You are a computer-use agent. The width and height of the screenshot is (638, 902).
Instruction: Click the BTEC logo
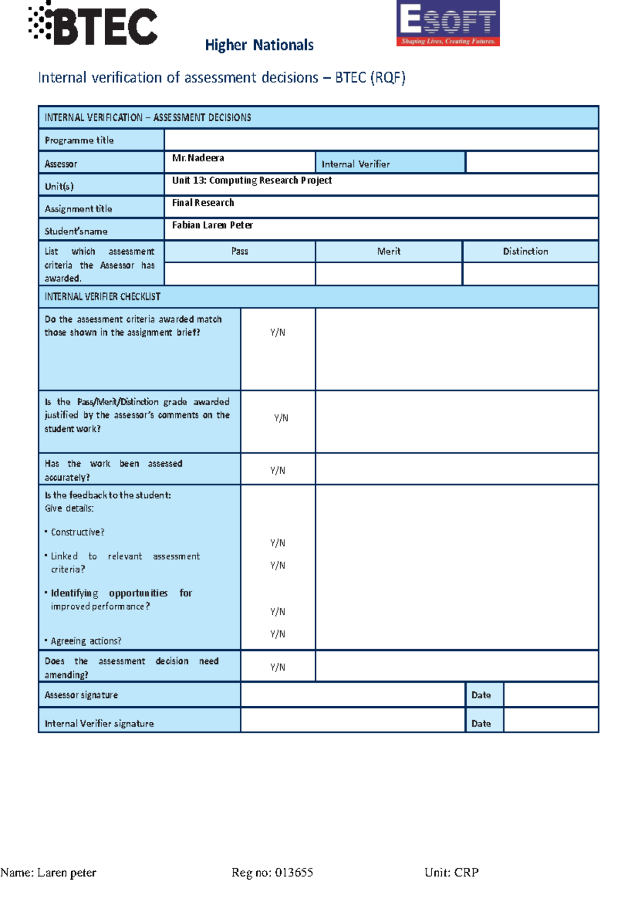94,24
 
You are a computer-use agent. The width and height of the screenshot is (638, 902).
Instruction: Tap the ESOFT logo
448,23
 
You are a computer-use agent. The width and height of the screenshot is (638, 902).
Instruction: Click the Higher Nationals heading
259,45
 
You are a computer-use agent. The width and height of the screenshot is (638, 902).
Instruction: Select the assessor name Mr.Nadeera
198,158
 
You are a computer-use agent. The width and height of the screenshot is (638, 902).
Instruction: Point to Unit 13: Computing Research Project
251,180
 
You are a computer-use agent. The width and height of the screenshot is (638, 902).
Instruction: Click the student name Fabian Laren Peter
212,225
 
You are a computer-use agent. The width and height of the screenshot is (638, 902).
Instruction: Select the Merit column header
389,251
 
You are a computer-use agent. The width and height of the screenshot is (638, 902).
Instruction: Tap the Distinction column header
525,251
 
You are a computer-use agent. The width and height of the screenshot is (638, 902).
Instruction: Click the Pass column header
240,251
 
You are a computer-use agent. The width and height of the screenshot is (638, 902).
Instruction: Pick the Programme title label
79,140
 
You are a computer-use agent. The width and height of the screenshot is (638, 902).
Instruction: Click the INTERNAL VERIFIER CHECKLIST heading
103,297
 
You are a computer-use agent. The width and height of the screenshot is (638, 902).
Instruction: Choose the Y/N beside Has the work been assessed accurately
278,470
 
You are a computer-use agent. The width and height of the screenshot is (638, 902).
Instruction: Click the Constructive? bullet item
78,532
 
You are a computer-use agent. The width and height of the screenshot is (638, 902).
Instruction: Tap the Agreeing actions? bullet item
86,641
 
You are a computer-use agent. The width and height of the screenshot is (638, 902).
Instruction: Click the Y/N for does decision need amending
278,667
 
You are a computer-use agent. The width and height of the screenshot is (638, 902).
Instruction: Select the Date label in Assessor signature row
481,695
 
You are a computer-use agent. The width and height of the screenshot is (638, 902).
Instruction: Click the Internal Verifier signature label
99,723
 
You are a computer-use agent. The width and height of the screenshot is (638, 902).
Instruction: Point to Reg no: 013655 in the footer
272,873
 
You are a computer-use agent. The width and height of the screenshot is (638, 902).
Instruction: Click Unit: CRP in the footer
451,873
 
